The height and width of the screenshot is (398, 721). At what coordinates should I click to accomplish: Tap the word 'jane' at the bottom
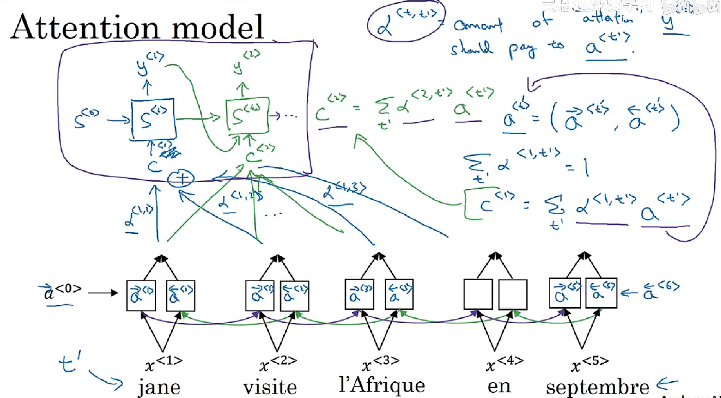coord(159,387)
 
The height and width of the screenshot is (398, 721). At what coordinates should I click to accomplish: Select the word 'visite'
coord(270,387)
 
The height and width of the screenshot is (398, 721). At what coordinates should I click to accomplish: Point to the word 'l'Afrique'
coord(382,385)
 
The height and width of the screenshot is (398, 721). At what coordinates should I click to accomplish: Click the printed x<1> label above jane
coord(163,364)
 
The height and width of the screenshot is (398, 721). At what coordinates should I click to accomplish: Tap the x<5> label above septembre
coord(589,364)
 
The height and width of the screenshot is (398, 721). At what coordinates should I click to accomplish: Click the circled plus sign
coord(181,178)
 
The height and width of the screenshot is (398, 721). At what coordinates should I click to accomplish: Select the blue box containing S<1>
coord(154,119)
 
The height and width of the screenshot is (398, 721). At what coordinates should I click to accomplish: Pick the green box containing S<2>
coord(248,115)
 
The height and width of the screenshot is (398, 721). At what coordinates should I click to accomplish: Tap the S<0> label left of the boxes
coord(86,119)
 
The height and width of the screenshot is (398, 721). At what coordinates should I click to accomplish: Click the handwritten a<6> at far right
coord(660,291)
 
